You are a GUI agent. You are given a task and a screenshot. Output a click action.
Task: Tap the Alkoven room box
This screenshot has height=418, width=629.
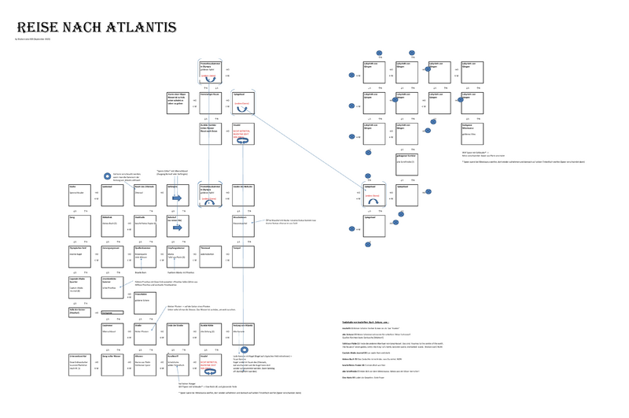tap(145, 364)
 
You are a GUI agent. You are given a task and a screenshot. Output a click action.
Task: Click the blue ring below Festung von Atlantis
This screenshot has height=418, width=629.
tap(244, 350)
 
